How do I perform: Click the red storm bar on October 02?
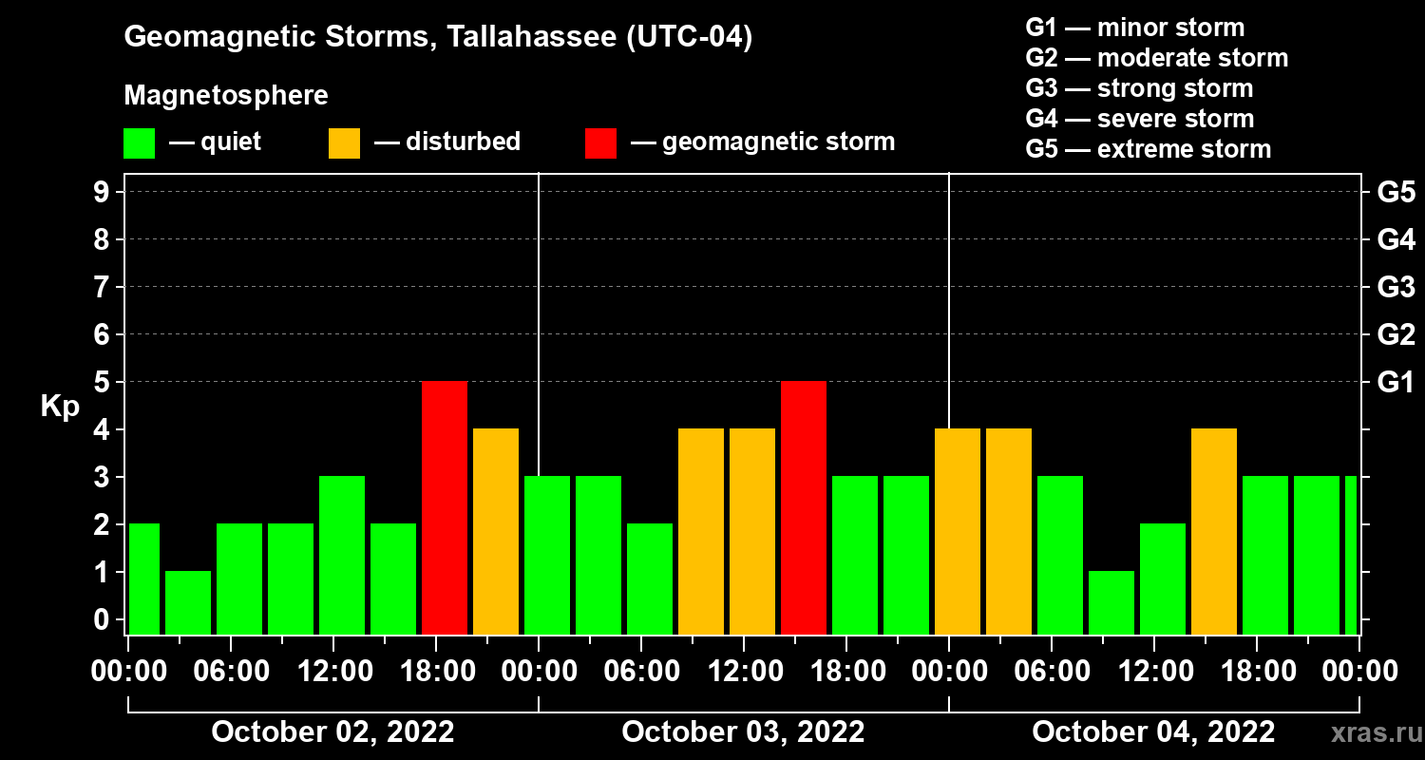pyautogui.click(x=445, y=507)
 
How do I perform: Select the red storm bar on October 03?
pyautogui.click(x=804, y=507)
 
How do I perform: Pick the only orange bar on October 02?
pyautogui.click(x=496, y=531)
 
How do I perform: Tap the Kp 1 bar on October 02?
pyautogui.click(x=188, y=602)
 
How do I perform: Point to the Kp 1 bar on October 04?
pyautogui.click(x=1111, y=602)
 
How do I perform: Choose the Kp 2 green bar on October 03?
pyautogui.click(x=650, y=579)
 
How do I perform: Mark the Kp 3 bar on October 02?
pyautogui.click(x=342, y=555)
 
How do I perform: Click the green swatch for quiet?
pyautogui.click(x=139, y=142)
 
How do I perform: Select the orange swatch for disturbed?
pyautogui.click(x=344, y=142)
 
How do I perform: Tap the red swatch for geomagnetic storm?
pyautogui.click(x=600, y=142)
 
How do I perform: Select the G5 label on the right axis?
pyautogui.click(x=1396, y=193)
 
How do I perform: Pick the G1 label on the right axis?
pyautogui.click(x=1396, y=383)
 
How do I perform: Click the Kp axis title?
pyautogui.click(x=60, y=406)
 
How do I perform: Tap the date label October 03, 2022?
pyautogui.click(x=743, y=731)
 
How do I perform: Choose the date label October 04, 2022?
pyautogui.click(x=1153, y=731)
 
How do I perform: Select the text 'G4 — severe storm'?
pyautogui.click(x=1140, y=119)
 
